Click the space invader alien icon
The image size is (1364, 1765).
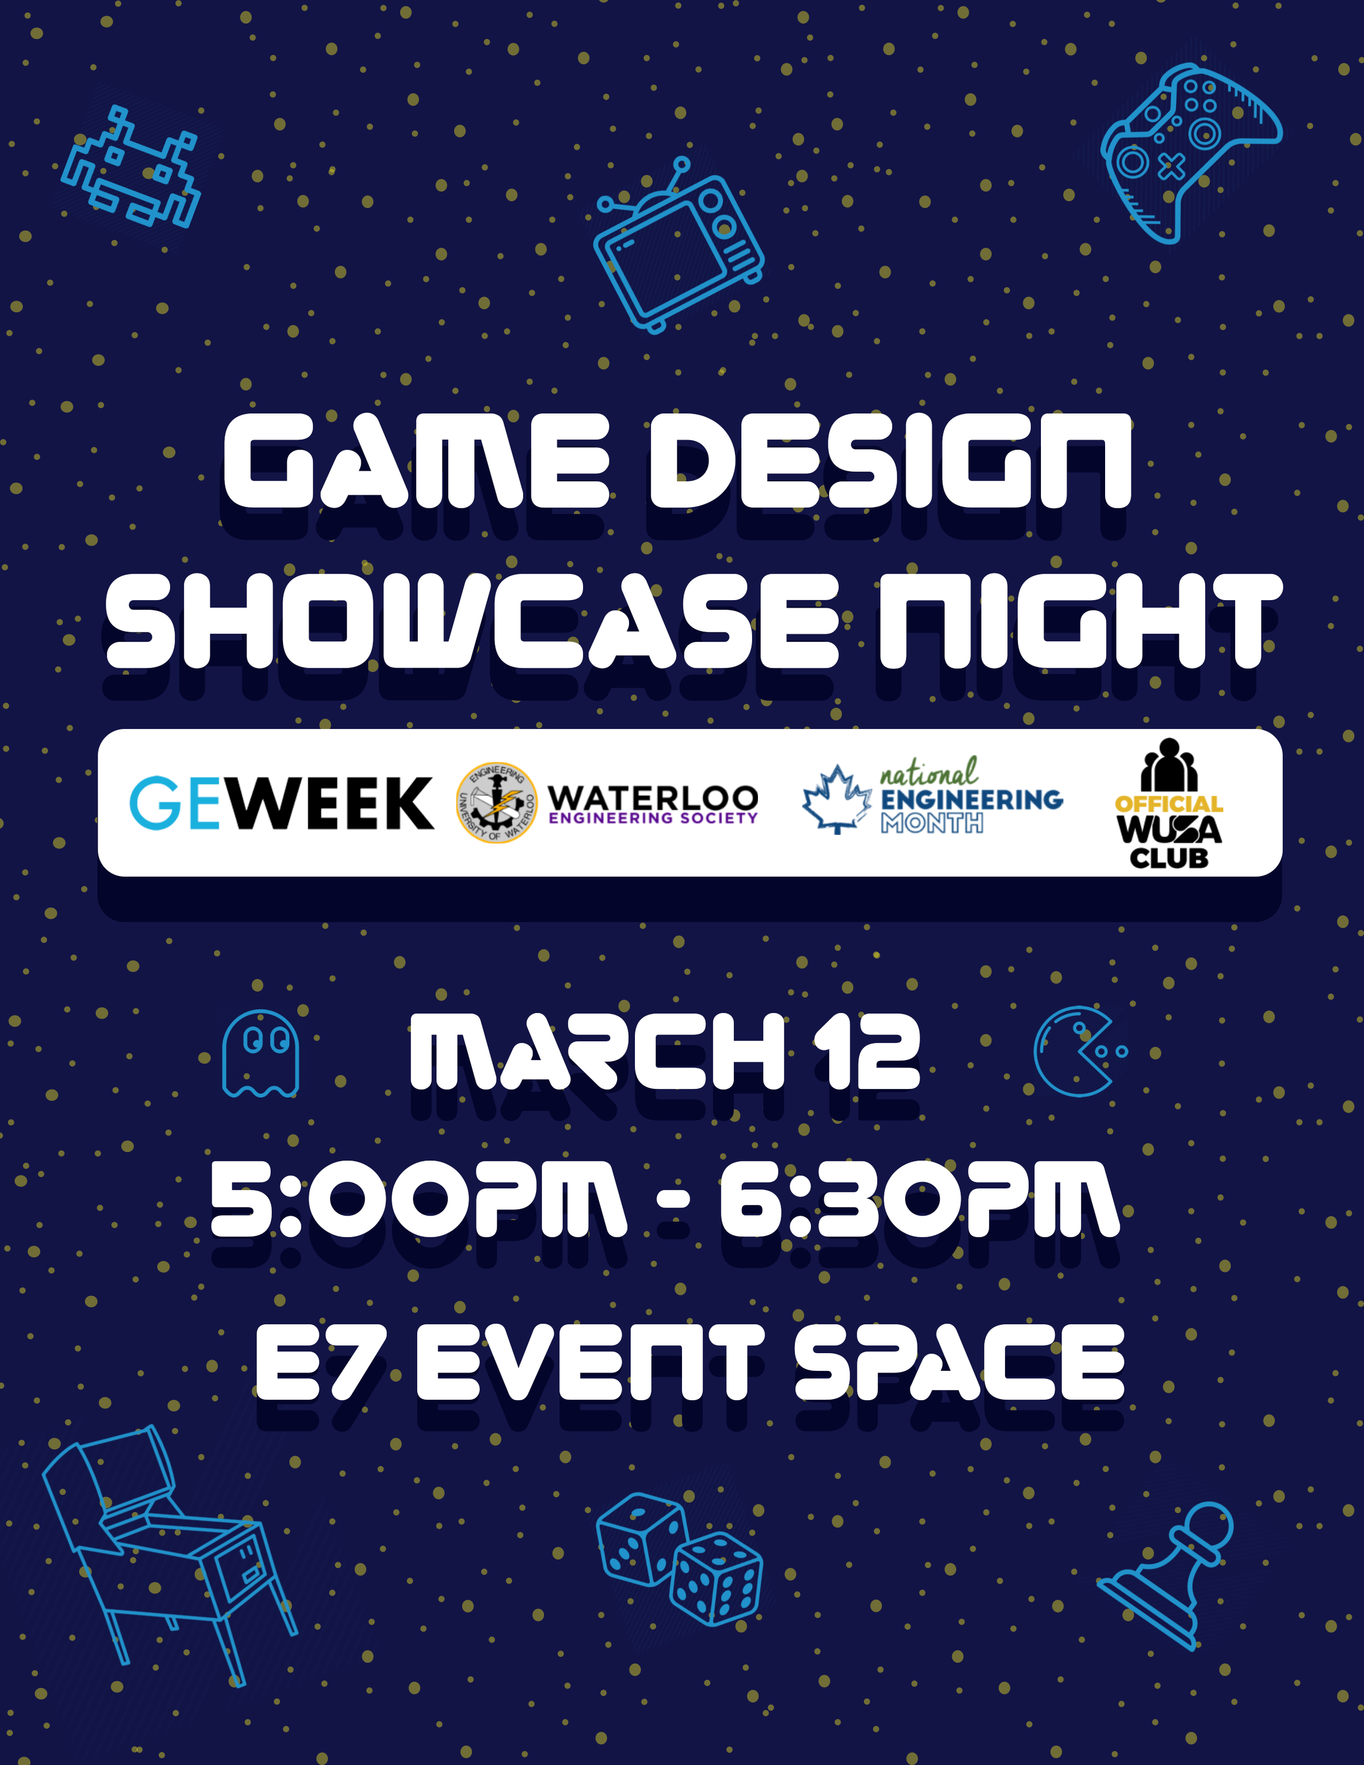coord(131,167)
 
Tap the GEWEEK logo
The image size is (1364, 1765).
coord(281,802)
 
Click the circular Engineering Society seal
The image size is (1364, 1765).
coord(496,802)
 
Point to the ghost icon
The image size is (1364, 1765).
coord(260,1053)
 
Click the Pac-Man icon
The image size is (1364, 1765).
coord(1074,1051)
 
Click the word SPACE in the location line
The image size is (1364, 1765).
coord(959,1362)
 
